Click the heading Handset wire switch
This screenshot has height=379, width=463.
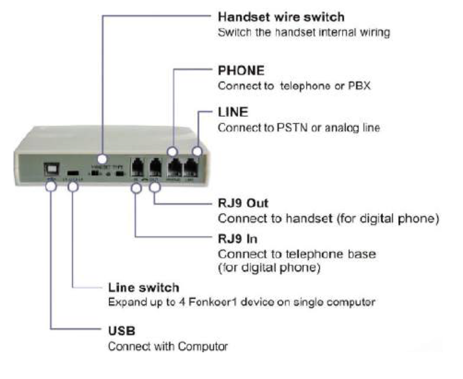(281, 17)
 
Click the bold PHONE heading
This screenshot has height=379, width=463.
(241, 70)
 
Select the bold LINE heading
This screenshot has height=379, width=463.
(233, 112)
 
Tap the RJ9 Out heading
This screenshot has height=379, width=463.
(243, 203)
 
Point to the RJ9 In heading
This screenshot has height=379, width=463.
(237, 239)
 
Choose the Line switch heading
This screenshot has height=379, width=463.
(143, 288)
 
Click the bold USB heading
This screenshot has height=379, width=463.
(122, 331)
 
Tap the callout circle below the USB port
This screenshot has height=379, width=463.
(51, 186)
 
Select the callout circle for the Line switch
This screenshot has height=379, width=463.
(73, 187)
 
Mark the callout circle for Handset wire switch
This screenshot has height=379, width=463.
(103, 159)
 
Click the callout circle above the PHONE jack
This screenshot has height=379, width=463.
(173, 151)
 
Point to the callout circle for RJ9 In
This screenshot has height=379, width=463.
(136, 188)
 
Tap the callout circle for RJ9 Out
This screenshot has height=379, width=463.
(155, 187)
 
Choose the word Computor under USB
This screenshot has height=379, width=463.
(203, 346)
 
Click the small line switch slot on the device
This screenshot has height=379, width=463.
(73, 172)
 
